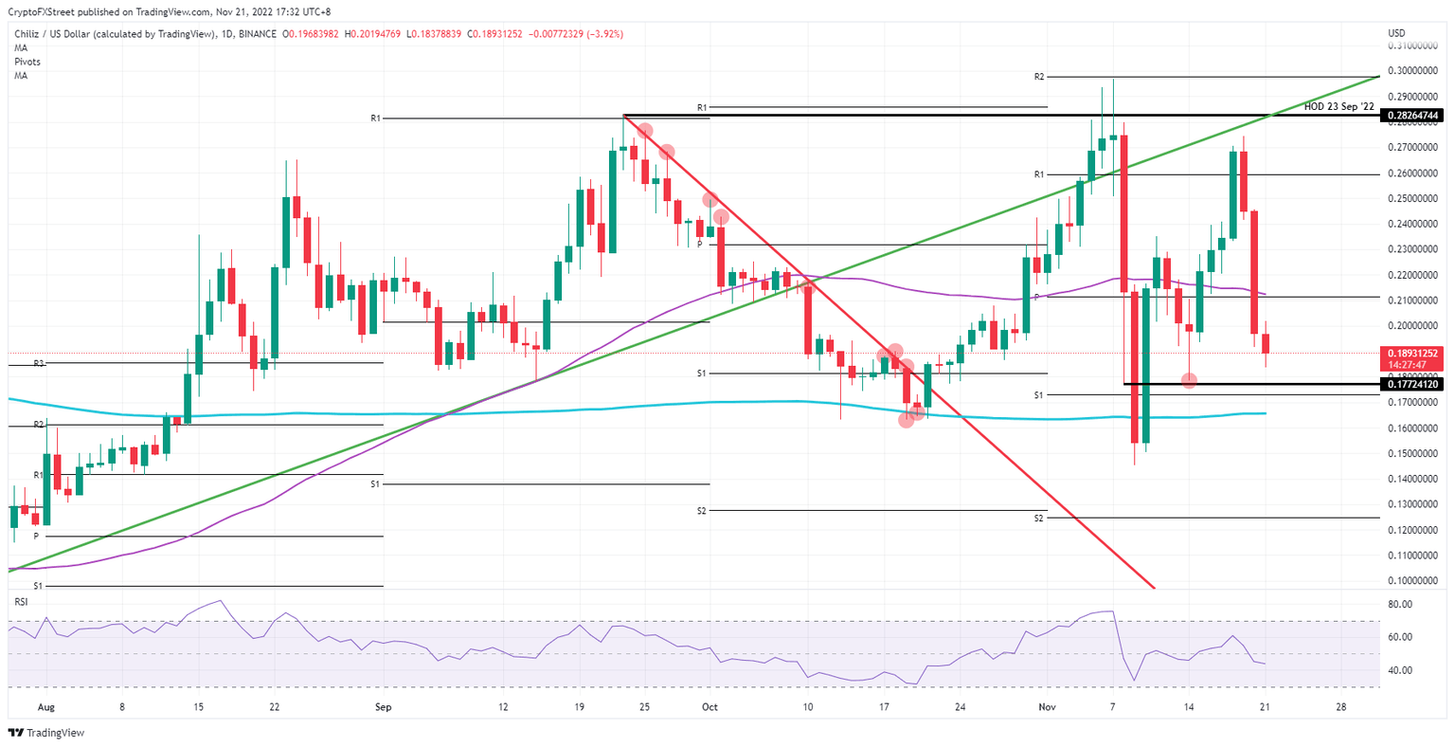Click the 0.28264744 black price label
pos(1413,116)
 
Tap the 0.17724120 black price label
pos(1413,385)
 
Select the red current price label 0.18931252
pos(1413,354)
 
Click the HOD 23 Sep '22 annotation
pos(1338,107)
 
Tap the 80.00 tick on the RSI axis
pos(1399,604)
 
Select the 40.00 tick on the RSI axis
pos(1399,670)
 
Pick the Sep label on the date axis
pos(383,707)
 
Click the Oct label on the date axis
pos(710,707)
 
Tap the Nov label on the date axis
pos(1047,707)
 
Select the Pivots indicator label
pos(27,62)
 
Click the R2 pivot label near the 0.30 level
pos(1039,76)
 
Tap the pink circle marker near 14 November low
pos(1190,380)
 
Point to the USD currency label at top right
pos(1396,33)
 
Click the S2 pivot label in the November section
pos(1039,519)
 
